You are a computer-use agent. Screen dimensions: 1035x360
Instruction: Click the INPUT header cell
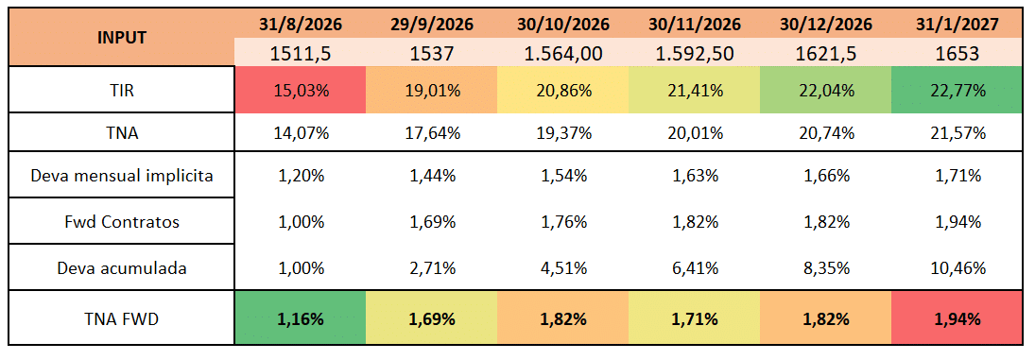tap(121, 38)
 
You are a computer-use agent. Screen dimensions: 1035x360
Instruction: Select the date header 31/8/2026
tap(301, 25)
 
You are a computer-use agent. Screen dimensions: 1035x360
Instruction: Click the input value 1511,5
tap(301, 53)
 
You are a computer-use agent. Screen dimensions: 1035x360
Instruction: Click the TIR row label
tap(122, 89)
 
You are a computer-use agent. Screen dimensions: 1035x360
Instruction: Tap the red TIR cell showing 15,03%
tap(301, 89)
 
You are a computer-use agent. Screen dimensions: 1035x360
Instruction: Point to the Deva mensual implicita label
tap(122, 177)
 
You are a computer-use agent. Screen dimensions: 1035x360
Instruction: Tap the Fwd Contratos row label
tap(122, 222)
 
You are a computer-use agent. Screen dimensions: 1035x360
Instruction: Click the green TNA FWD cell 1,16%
tap(301, 319)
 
